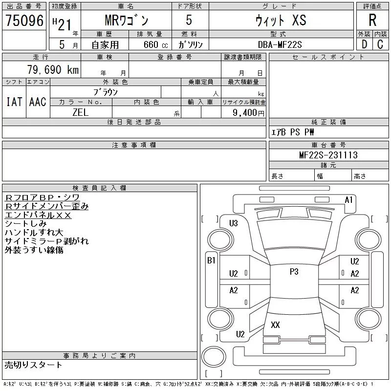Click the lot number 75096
pyautogui.click(x=24, y=21)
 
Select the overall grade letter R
pyautogui.click(x=372, y=21)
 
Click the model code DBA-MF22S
pyautogui.click(x=281, y=44)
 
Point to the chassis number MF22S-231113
pyautogui.click(x=328, y=155)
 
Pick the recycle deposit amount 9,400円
pyautogui.click(x=249, y=113)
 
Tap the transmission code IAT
pyautogui.click(x=14, y=102)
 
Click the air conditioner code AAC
pyautogui.click(x=38, y=102)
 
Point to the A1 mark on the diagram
pyautogui.click(x=348, y=199)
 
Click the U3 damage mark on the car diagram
pyautogui.click(x=234, y=223)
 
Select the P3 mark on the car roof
pyautogui.click(x=294, y=272)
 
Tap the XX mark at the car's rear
pyautogui.click(x=275, y=325)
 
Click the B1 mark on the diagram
pyautogui.click(x=211, y=261)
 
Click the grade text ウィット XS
pyautogui.click(x=281, y=21)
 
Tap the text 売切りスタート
pyautogui.click(x=34, y=365)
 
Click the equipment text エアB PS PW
pyautogui.click(x=293, y=132)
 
